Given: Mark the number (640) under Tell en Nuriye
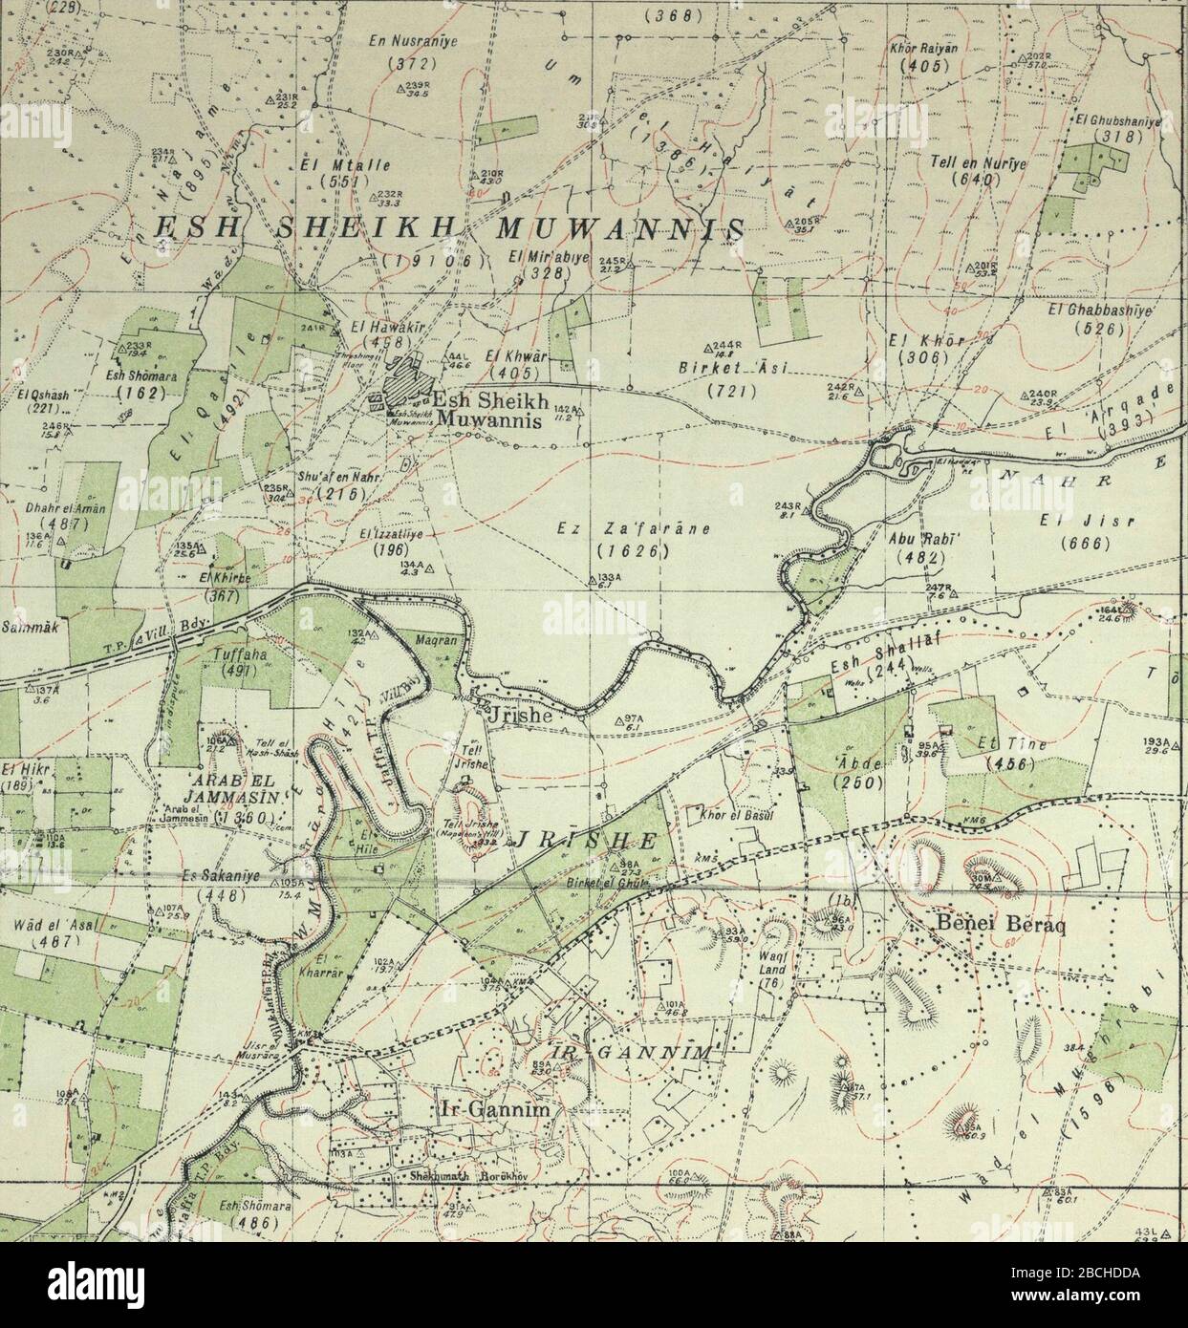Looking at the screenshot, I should [967, 180].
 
